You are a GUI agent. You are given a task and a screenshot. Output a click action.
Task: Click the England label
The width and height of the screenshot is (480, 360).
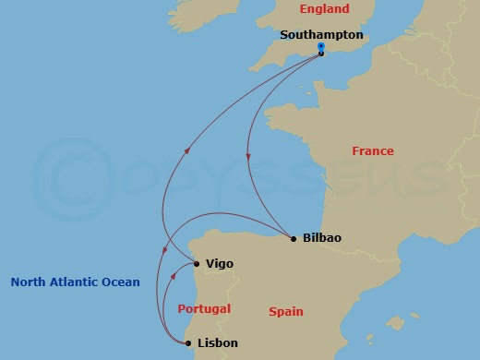323,9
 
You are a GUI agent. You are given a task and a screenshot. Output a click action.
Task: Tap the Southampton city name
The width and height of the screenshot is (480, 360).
321,35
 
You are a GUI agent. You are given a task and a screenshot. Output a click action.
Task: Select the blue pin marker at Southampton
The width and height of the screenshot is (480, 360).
320,46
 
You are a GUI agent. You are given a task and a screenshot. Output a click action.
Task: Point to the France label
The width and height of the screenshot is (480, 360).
373,151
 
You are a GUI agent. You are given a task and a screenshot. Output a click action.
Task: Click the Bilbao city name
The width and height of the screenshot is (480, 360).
321,238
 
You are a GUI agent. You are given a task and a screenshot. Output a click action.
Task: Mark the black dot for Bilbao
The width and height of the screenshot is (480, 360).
294,239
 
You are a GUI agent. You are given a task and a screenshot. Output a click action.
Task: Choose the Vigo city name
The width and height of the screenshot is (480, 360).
220,264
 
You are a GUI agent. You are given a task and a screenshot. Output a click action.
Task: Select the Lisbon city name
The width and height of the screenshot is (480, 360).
218,343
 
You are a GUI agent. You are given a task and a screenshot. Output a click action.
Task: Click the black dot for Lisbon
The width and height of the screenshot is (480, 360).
188,344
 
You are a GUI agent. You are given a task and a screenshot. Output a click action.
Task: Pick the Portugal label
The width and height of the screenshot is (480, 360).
204,309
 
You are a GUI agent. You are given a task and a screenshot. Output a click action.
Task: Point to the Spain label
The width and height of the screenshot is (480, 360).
286,312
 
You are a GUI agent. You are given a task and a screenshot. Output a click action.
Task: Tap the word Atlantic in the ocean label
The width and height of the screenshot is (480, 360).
78,282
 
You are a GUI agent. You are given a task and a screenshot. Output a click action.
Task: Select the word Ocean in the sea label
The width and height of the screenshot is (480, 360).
123,282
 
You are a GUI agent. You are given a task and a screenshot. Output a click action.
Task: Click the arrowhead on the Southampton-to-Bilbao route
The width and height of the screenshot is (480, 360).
248,159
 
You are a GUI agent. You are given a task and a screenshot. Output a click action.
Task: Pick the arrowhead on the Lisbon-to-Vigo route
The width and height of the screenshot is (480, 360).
175,273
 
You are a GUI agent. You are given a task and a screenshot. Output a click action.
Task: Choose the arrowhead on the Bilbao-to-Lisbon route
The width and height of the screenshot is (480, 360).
164,252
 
